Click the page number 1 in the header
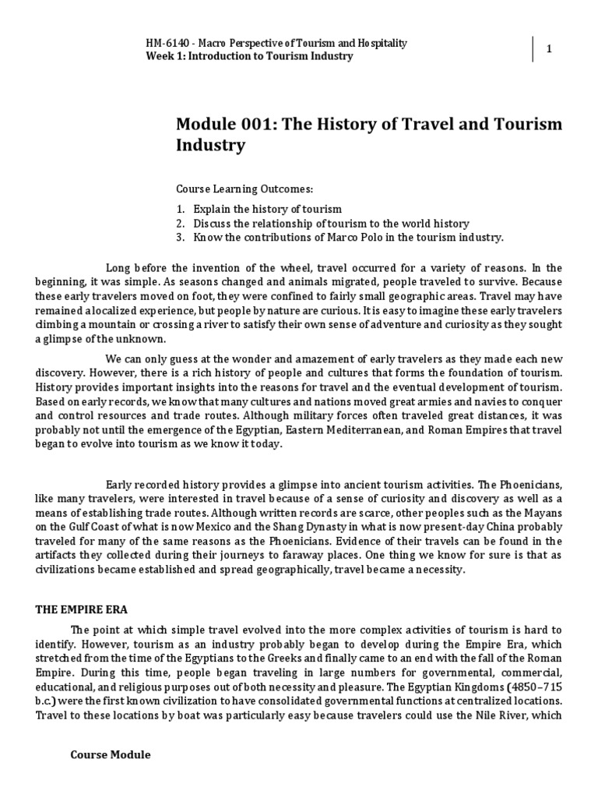[x=549, y=50]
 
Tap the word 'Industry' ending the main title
[x=211, y=145]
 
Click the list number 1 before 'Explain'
[x=179, y=210]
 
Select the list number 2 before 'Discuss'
[x=179, y=224]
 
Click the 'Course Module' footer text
[x=111, y=755]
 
